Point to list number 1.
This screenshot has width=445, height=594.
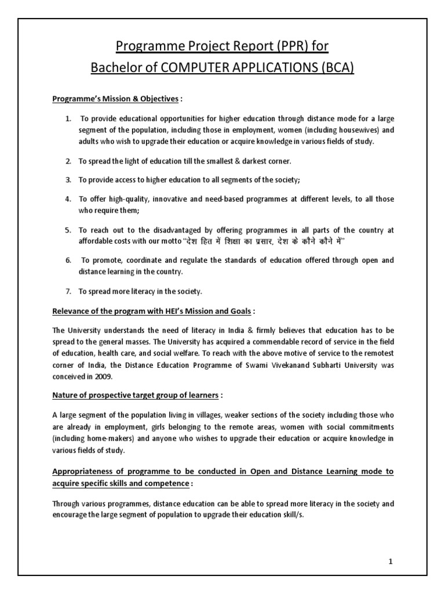pyautogui.click(x=68, y=119)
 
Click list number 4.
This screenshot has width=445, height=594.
pyautogui.click(x=68, y=199)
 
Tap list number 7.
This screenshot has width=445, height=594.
pyautogui.click(x=68, y=291)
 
